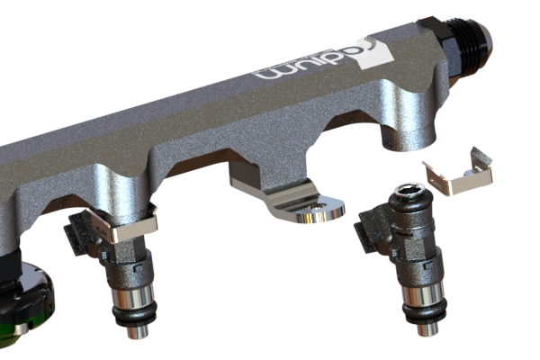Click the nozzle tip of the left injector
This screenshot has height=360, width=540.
(x=135, y=331)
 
